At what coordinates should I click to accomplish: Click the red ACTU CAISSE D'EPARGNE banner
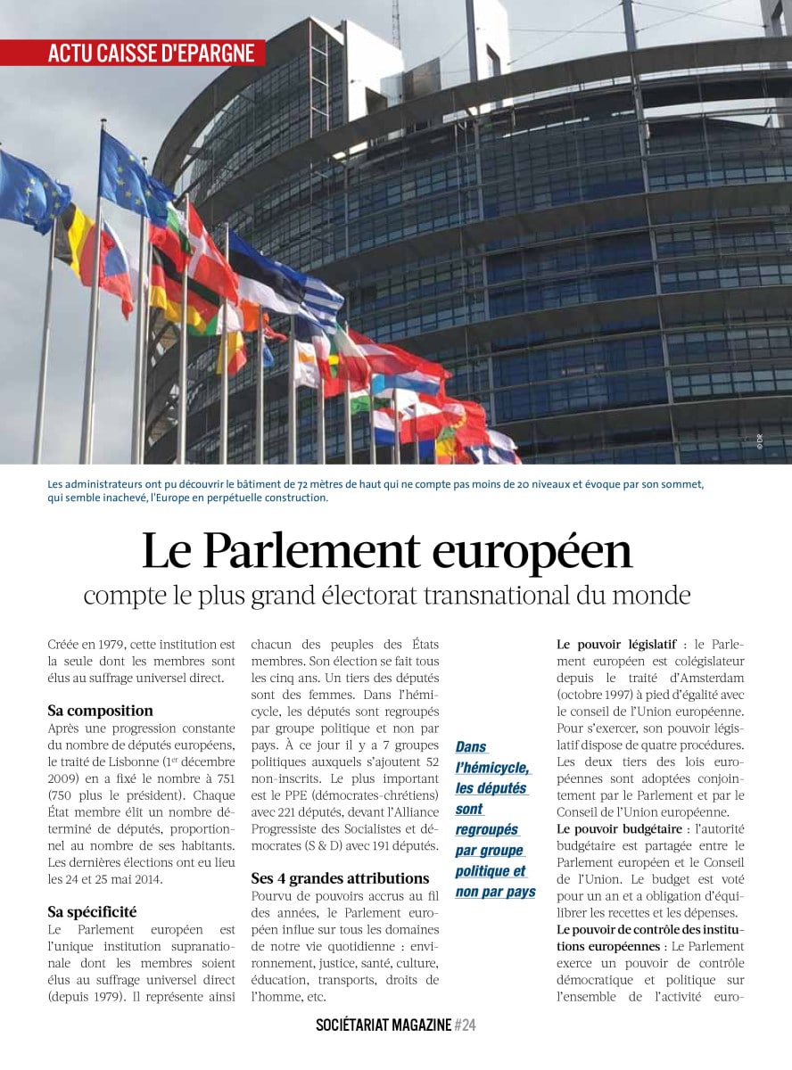click(x=152, y=53)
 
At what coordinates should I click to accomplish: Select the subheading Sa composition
click(x=100, y=711)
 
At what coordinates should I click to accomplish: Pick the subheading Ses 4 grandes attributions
click(x=340, y=878)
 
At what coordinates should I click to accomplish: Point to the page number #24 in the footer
click(x=465, y=1025)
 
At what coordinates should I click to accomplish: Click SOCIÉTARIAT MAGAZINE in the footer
click(x=384, y=1025)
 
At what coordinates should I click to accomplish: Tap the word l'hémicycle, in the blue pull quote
click(x=492, y=768)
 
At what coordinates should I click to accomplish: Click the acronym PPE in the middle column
click(x=285, y=794)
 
